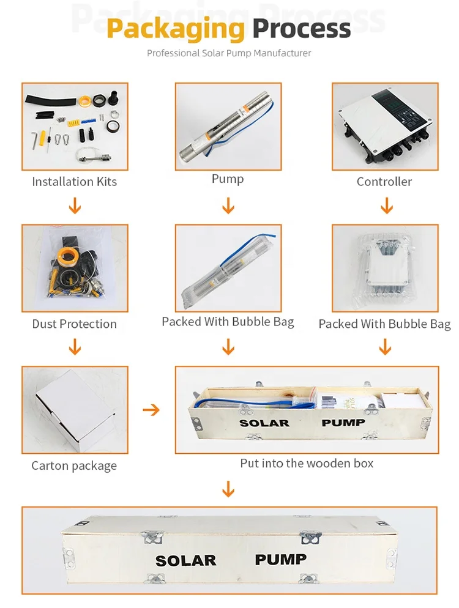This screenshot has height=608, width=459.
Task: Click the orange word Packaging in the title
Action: tap(176, 28)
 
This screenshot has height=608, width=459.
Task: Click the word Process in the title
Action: tap(302, 28)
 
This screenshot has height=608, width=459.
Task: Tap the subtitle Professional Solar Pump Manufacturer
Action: tap(229, 53)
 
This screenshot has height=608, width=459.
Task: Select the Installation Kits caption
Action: tap(74, 182)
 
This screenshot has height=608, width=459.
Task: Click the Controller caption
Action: tap(384, 182)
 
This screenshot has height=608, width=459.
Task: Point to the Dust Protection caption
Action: tap(74, 324)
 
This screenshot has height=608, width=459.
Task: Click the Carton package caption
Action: tap(74, 466)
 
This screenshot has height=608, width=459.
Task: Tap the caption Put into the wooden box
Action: tap(307, 463)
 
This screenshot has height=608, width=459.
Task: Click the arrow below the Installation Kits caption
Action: tap(75, 206)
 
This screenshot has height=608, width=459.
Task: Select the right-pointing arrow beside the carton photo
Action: tap(151, 409)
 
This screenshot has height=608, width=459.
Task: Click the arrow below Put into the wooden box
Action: tap(228, 489)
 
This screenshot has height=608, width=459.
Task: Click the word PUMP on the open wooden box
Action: tap(343, 422)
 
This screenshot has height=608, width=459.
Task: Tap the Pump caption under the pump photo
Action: tap(228, 179)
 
